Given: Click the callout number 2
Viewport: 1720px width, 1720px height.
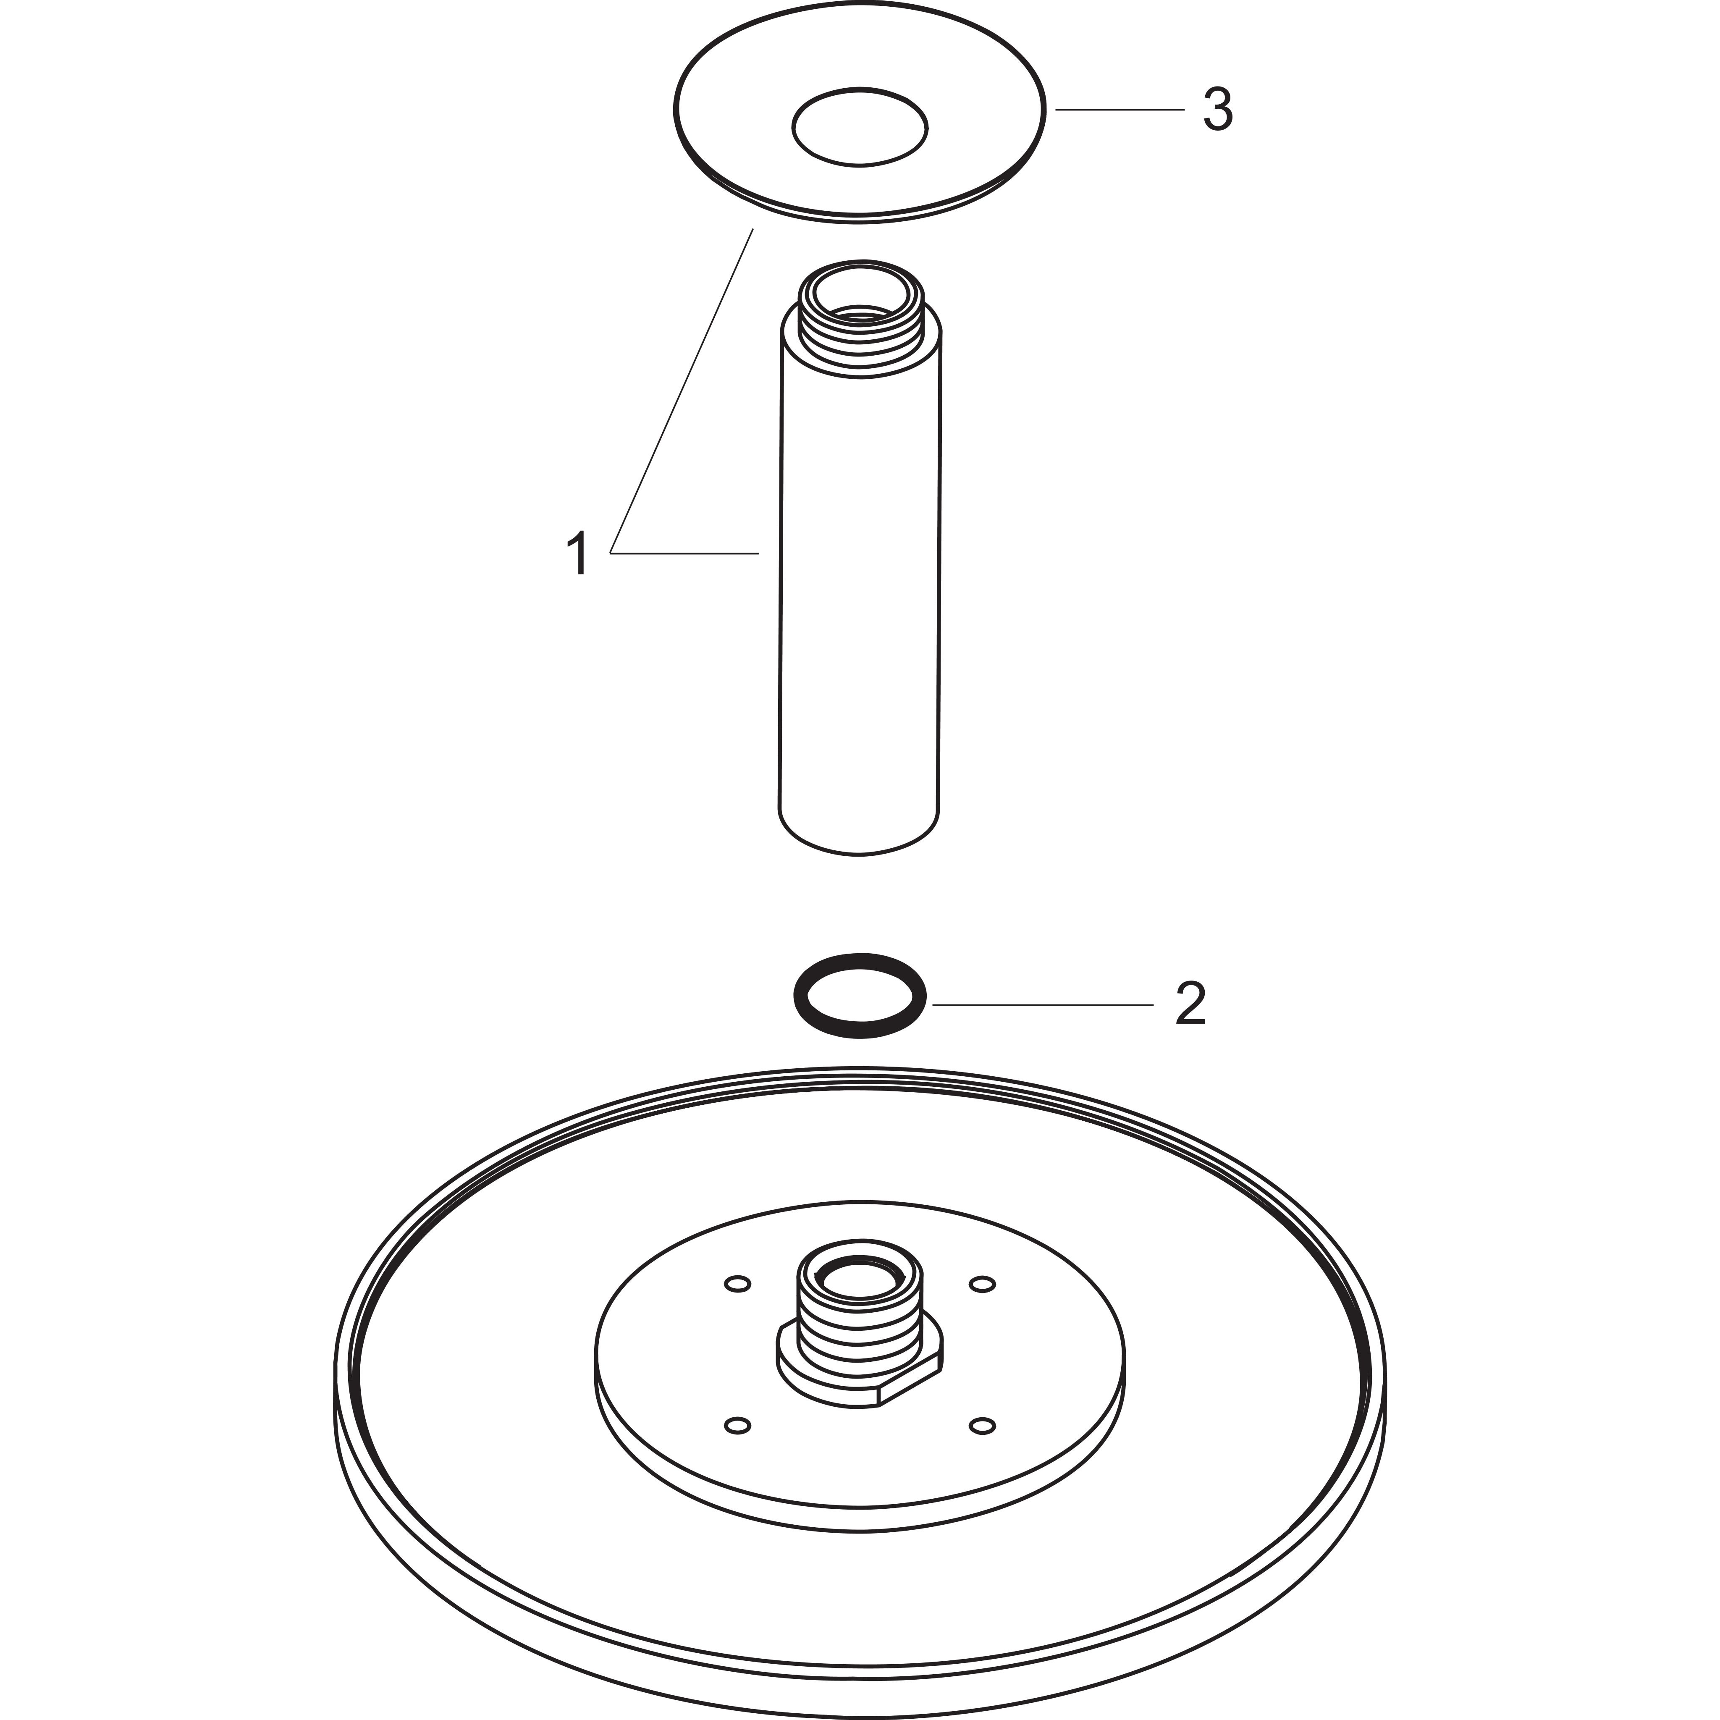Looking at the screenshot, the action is pos(1190,1004).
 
